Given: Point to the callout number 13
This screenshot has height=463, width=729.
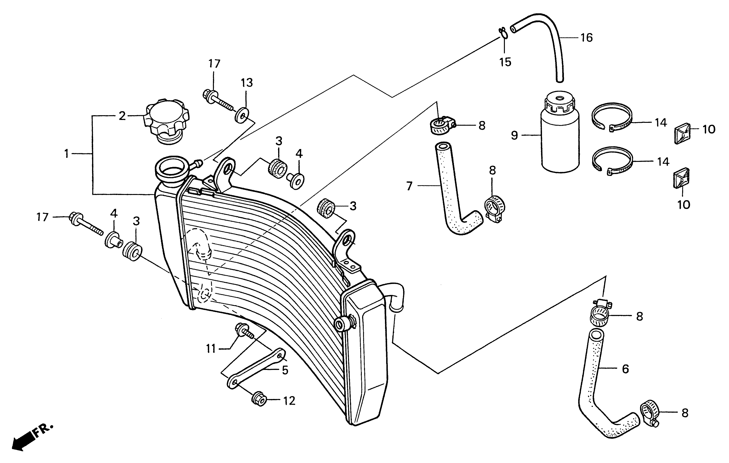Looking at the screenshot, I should (247, 83).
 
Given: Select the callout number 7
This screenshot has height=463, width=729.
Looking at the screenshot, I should (409, 186).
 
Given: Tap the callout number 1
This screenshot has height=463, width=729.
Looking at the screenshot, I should (67, 154).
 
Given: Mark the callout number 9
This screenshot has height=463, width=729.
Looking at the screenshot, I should (514, 135).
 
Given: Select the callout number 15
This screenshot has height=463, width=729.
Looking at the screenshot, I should (505, 62).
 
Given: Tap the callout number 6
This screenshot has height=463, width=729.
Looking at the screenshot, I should (625, 369).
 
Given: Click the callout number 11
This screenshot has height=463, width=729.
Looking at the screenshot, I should (211, 349).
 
